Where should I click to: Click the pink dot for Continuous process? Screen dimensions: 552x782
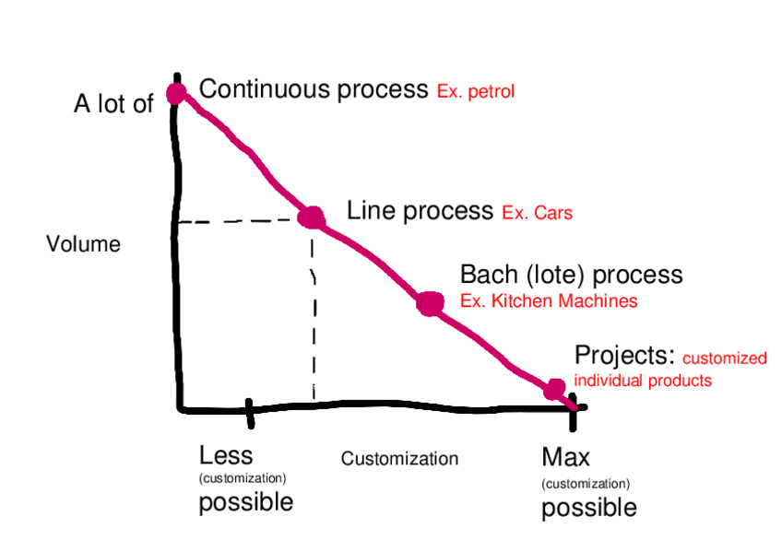tap(176, 93)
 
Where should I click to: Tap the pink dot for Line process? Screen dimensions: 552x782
tap(311, 217)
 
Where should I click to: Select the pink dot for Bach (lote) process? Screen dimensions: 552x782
tap(430, 303)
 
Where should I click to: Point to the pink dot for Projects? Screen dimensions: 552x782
tap(554, 389)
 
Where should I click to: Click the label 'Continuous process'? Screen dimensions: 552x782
tap(314, 89)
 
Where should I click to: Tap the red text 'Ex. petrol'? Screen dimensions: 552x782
tap(475, 92)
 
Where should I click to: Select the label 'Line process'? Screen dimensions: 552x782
tap(420, 211)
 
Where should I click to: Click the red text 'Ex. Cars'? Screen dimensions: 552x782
tap(537, 214)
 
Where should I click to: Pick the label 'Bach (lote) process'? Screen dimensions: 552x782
tap(571, 275)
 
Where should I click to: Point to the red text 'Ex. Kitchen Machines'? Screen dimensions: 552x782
tap(548, 301)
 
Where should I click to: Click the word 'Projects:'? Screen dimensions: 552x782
tap(625, 356)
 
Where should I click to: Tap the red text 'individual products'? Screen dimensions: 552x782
tap(643, 380)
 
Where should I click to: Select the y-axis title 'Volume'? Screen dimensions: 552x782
tap(83, 244)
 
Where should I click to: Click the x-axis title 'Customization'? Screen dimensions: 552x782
tap(399, 459)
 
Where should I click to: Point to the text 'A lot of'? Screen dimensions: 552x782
tap(113, 104)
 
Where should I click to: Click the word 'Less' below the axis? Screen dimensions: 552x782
tap(226, 455)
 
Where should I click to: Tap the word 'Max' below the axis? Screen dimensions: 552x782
tap(565, 456)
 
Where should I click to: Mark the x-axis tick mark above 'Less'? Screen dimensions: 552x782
tap(249, 412)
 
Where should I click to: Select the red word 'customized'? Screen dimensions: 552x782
tap(724, 358)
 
